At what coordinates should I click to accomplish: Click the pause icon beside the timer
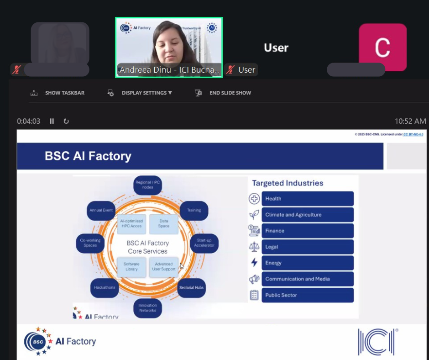pyautogui.click(x=52, y=121)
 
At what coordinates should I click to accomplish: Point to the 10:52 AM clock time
pyautogui.click(x=410, y=121)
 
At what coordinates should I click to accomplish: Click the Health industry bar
pyautogui.click(x=307, y=199)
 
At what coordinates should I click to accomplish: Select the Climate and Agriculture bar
pyautogui.click(x=307, y=215)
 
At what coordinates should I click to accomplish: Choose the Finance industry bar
pyautogui.click(x=307, y=231)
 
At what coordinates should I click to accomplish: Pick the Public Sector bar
pyautogui.click(x=307, y=295)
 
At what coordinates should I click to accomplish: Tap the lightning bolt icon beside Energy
pyautogui.click(x=254, y=263)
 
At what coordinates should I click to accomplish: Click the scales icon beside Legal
pyautogui.click(x=254, y=247)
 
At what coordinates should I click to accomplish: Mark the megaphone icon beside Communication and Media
pyautogui.click(x=254, y=279)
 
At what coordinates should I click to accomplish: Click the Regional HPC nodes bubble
pyautogui.click(x=148, y=185)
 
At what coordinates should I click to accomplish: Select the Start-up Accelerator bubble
pyautogui.click(x=204, y=243)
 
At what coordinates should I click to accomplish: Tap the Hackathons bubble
pyautogui.click(x=105, y=287)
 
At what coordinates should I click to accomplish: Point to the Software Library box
pyautogui.click(x=131, y=267)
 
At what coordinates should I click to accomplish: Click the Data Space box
pyautogui.click(x=164, y=223)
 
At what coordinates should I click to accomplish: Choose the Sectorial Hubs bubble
pyautogui.click(x=191, y=287)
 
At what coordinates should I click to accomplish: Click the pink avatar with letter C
pyautogui.click(x=382, y=47)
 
